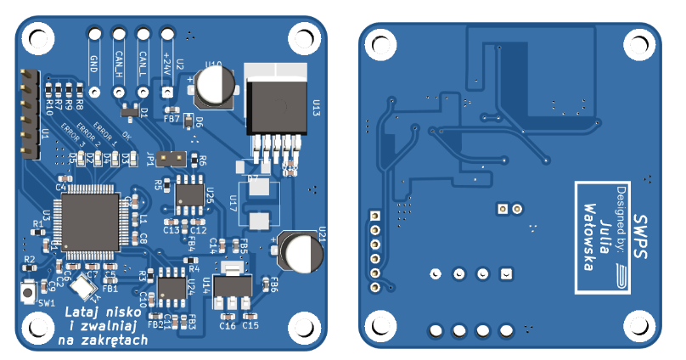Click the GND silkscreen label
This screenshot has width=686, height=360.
pyautogui.click(x=94, y=63)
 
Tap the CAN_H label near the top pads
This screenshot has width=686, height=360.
pyautogui.click(x=119, y=65)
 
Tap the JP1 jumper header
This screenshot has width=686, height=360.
pyautogui.click(x=173, y=158)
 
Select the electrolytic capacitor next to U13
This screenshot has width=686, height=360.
pyautogui.click(x=216, y=86)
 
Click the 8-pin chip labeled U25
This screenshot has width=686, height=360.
pyautogui.click(x=187, y=194)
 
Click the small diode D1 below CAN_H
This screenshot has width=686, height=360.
pyautogui.click(x=130, y=110)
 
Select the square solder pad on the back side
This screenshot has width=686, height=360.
pyautogui.click(x=507, y=273)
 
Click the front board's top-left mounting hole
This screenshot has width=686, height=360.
pyautogui.click(x=37, y=38)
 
